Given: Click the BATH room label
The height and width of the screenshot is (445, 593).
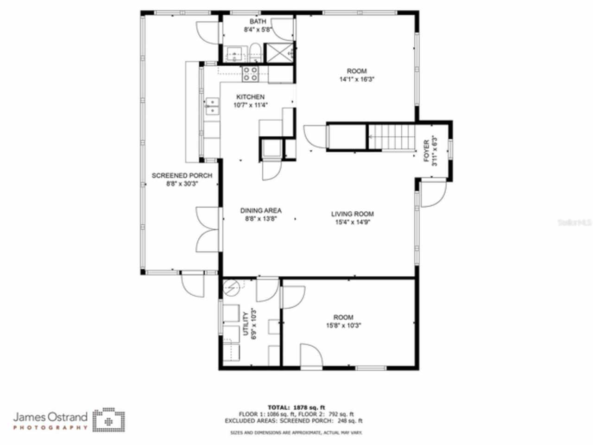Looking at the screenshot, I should (258, 21).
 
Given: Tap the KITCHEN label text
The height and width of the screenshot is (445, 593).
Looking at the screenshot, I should (250, 97).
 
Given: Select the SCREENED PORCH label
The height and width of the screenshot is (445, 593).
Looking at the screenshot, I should (182, 176).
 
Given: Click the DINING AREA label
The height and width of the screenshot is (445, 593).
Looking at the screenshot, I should (260, 210).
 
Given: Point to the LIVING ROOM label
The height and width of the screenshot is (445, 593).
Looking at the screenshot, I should (352, 214).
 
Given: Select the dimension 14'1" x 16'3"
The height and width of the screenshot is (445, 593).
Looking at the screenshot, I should (357, 79).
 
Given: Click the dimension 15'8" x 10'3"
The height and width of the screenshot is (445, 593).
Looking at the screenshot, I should (343, 325).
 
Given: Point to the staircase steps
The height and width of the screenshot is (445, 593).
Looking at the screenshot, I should (391, 137).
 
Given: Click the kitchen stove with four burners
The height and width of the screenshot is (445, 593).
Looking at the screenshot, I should (251, 74).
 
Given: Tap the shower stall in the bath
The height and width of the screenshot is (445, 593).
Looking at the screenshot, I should (279, 53).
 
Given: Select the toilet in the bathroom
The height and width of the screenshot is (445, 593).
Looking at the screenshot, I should (254, 52).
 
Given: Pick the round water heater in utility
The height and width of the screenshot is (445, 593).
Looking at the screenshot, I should (231, 288).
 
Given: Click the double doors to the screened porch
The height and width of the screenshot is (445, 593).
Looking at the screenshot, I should (208, 229).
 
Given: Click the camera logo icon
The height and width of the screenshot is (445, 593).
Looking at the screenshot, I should (108, 420).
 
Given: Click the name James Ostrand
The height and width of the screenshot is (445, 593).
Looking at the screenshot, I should (50, 416).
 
